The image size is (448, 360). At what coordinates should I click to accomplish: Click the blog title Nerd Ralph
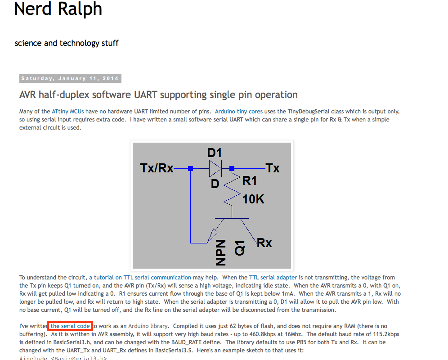click(x=58, y=9)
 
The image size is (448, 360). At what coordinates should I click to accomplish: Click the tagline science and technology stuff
click(x=67, y=43)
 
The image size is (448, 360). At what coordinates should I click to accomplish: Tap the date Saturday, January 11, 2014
click(x=70, y=78)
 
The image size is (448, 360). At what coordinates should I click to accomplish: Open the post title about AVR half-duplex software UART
click(x=158, y=95)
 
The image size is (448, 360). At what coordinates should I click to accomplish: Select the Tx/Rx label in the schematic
click(x=157, y=168)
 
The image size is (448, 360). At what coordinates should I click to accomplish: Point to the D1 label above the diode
click(x=215, y=153)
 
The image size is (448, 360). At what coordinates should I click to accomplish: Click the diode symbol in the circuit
click(x=215, y=169)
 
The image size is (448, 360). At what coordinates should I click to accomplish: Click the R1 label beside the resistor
click(x=250, y=181)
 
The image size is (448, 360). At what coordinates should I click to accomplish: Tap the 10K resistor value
click(x=253, y=199)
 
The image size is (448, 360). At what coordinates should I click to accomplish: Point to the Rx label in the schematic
click(x=264, y=243)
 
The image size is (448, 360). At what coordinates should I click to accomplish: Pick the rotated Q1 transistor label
click(x=240, y=248)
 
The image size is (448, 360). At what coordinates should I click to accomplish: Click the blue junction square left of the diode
click(x=190, y=169)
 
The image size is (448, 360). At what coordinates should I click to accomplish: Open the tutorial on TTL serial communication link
click(x=140, y=278)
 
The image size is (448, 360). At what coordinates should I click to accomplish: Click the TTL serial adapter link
click(x=273, y=278)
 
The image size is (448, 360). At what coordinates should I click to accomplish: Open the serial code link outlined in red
click(x=70, y=326)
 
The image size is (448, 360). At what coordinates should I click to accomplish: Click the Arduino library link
click(x=148, y=326)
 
